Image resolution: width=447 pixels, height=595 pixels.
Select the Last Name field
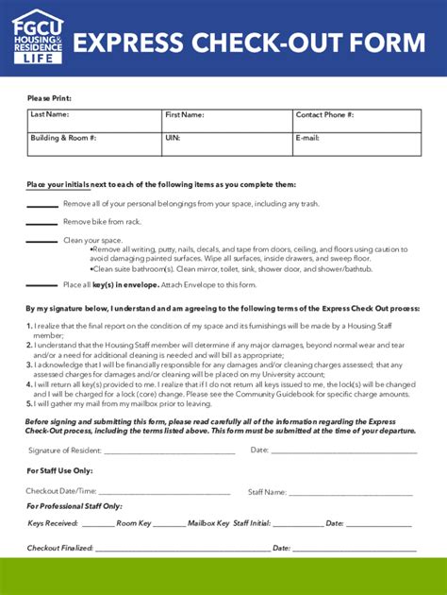(94, 121)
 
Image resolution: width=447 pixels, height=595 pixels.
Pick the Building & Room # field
(94, 144)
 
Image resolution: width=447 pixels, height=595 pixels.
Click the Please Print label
(49, 98)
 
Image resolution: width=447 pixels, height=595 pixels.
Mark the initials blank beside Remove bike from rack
(41, 223)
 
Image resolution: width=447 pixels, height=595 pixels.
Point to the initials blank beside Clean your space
(41, 242)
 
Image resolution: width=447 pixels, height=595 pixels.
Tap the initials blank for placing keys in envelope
(41, 285)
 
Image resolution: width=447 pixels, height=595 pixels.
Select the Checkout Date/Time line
(164, 493)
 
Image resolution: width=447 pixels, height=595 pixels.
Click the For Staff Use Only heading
(59, 470)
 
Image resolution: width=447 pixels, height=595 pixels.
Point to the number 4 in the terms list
(29, 384)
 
